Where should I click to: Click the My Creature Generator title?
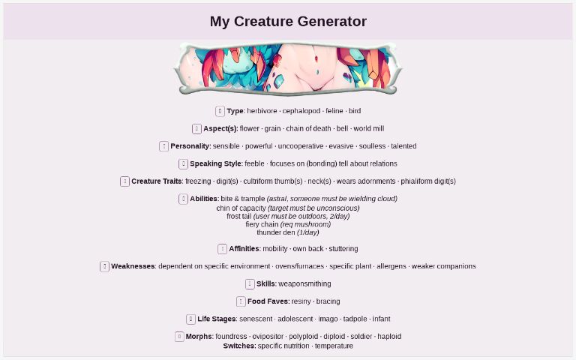[x=288, y=22]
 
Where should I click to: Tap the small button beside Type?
[x=220, y=111]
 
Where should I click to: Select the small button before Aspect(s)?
[x=196, y=128]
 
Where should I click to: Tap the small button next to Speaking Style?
[x=183, y=163]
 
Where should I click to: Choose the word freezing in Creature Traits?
[x=198, y=181]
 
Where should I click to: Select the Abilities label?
[x=203, y=199]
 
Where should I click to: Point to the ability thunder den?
[x=275, y=232]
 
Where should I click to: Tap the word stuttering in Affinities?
[x=343, y=248]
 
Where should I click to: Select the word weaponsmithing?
[x=304, y=283]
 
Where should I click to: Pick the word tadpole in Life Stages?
[x=355, y=319]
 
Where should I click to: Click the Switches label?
[x=239, y=346]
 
